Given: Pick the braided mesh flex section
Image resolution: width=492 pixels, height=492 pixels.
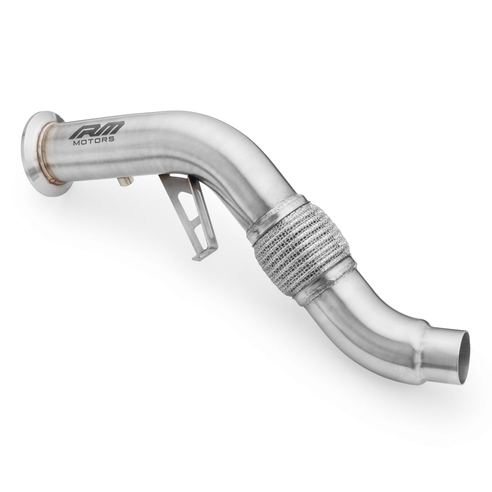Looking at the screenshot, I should coord(301,244).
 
